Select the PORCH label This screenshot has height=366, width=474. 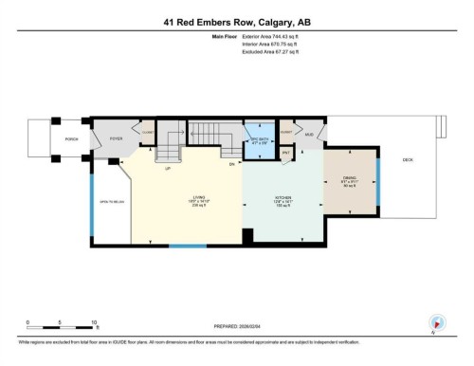(70, 138)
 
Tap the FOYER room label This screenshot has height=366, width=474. (117, 138)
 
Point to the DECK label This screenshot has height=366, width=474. (408, 160)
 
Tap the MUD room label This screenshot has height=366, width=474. (309, 135)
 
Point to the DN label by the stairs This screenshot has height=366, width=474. (230, 163)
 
